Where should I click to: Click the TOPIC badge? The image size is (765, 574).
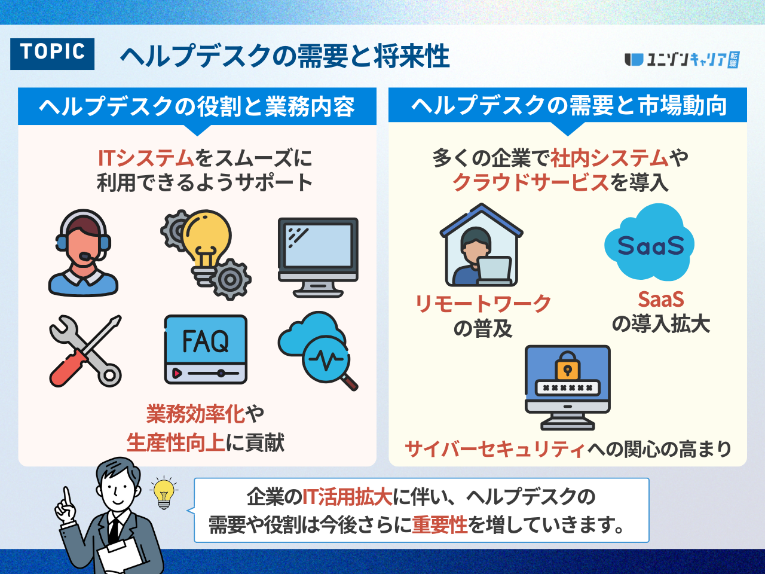(x=52, y=53)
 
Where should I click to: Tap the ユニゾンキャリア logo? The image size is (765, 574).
(x=681, y=60)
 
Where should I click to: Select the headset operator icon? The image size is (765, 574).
(x=82, y=253)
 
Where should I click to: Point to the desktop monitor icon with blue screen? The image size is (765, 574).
(x=318, y=257)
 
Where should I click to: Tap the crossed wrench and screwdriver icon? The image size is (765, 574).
(x=85, y=351)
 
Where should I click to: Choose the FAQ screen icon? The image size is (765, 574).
(x=205, y=349)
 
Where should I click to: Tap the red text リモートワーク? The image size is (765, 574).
(x=483, y=304)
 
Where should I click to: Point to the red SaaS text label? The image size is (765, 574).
(x=660, y=299)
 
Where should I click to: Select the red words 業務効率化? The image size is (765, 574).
(x=195, y=414)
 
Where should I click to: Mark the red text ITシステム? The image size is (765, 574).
(x=146, y=158)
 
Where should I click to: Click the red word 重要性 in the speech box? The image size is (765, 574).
(x=439, y=525)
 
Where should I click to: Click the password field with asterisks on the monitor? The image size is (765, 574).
(x=567, y=387)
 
